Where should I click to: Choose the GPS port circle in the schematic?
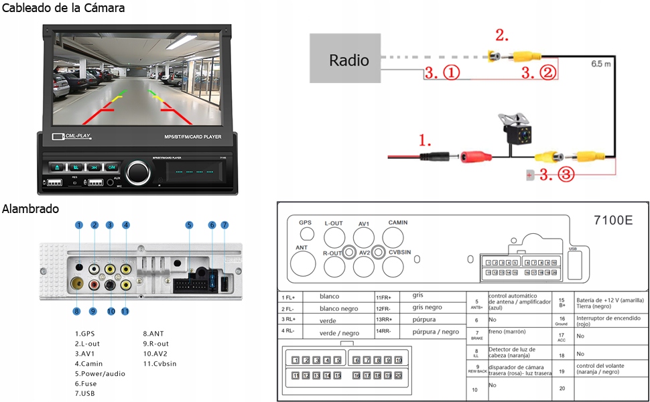[306, 233]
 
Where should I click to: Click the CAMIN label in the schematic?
[397, 222]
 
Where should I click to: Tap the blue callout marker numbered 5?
[190, 225]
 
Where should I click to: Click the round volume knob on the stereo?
[139, 172]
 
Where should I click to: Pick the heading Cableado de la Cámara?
[63, 9]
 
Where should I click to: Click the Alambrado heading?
[30, 209]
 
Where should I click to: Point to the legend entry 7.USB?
[87, 393]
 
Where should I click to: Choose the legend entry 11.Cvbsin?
[159, 363]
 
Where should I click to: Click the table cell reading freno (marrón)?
[507, 332]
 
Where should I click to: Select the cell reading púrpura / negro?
[436, 332]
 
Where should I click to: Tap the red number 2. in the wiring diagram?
[503, 35]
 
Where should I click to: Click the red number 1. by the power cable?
[425, 140]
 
